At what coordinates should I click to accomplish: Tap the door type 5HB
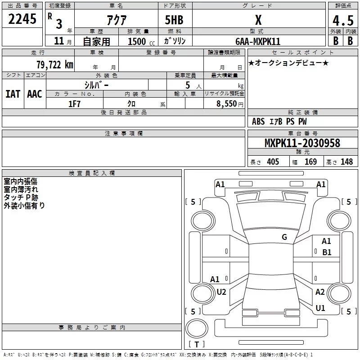(x=173, y=20)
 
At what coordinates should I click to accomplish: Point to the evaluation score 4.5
(x=342, y=20)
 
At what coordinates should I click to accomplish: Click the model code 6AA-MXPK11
(x=258, y=41)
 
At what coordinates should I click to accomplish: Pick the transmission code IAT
(x=13, y=94)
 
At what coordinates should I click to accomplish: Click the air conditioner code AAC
(x=34, y=94)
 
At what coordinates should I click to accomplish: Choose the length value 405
(x=272, y=162)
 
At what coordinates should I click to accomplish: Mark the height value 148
(x=346, y=162)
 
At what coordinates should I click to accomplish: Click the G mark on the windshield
(x=284, y=237)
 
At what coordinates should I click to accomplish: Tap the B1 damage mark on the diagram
(x=327, y=252)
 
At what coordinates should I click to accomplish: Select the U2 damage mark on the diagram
(x=221, y=292)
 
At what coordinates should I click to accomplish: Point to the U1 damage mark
(x=320, y=308)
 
